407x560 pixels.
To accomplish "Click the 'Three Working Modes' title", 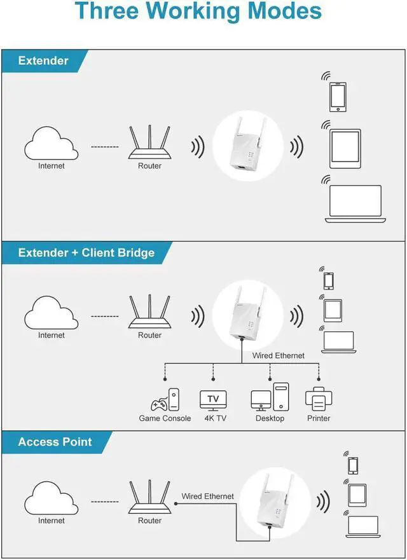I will (x=198, y=12).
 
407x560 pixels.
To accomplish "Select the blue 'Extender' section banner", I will (x=43, y=61).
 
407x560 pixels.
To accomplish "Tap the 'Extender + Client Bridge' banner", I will (x=86, y=253).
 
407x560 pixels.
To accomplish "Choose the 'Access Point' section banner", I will (x=55, y=442).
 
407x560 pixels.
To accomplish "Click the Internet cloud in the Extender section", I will (x=51, y=144).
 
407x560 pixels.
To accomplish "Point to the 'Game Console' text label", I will (x=165, y=418).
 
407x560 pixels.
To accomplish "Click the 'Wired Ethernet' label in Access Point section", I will (x=207, y=496).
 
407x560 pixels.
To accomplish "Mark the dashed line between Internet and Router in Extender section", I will (x=105, y=147).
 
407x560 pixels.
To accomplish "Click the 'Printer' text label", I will (x=319, y=418).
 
